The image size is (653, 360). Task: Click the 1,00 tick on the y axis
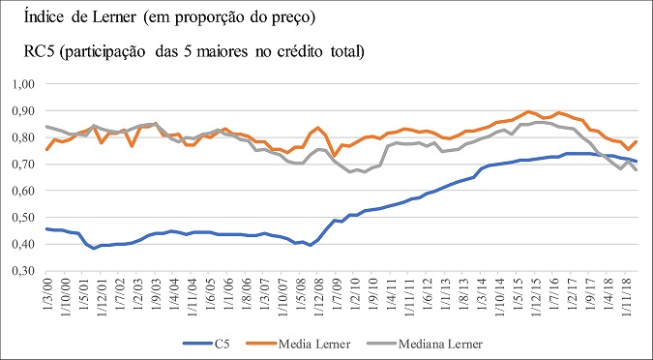(21, 84)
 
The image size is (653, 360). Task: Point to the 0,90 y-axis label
(21, 111)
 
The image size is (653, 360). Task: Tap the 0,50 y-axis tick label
(21, 219)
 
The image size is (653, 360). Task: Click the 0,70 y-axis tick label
(21, 165)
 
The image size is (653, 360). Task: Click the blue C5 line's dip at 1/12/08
(311, 245)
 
